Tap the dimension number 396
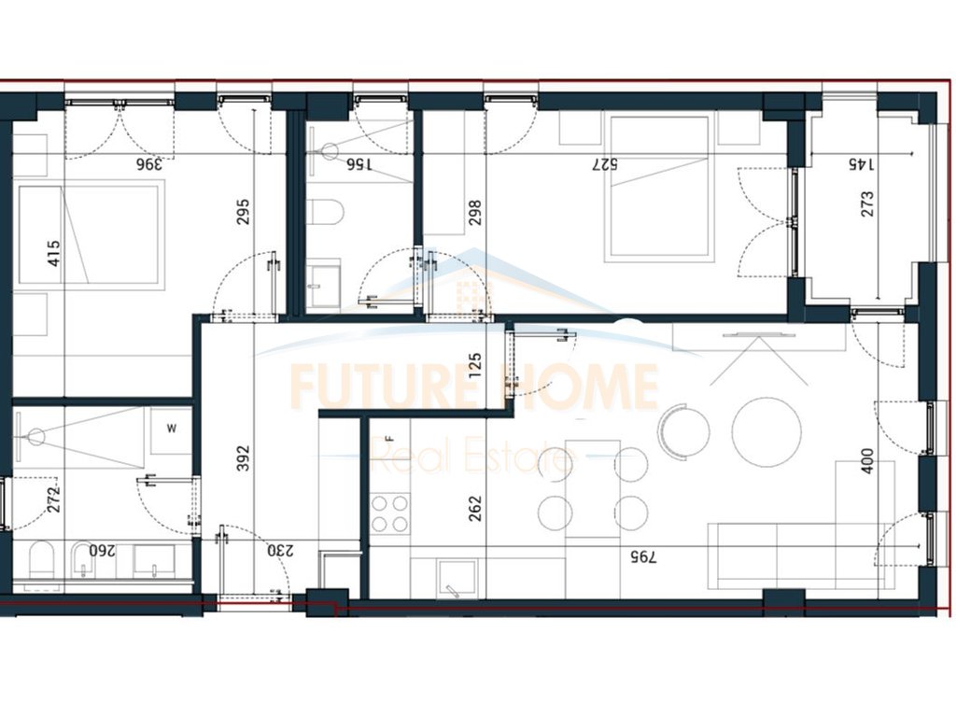149,164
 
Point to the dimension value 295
244,214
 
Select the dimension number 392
244,458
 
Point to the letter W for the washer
171,430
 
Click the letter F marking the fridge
389,437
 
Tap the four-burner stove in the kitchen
390,512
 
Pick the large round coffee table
766,431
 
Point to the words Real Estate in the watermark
471,458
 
